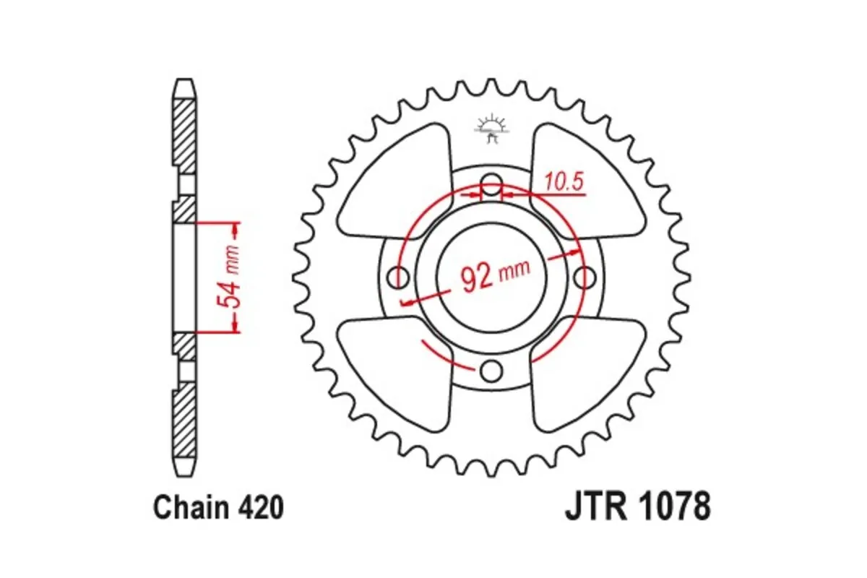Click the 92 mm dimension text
(x=495, y=275)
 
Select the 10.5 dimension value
(x=565, y=183)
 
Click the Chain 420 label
(x=217, y=509)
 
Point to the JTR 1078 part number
(x=637, y=507)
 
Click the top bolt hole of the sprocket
(x=491, y=186)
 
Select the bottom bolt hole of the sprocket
(x=491, y=371)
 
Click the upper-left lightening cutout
(x=394, y=184)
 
